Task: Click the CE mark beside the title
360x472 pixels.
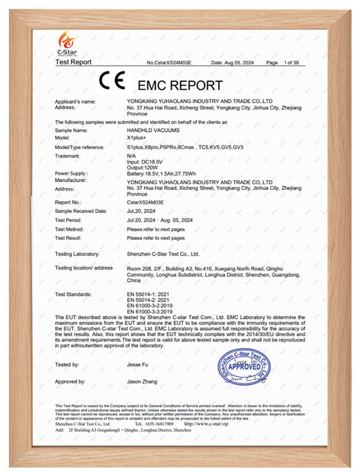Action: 112,82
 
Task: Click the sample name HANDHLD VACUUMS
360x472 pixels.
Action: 153,129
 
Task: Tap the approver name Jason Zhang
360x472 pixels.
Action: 143,382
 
